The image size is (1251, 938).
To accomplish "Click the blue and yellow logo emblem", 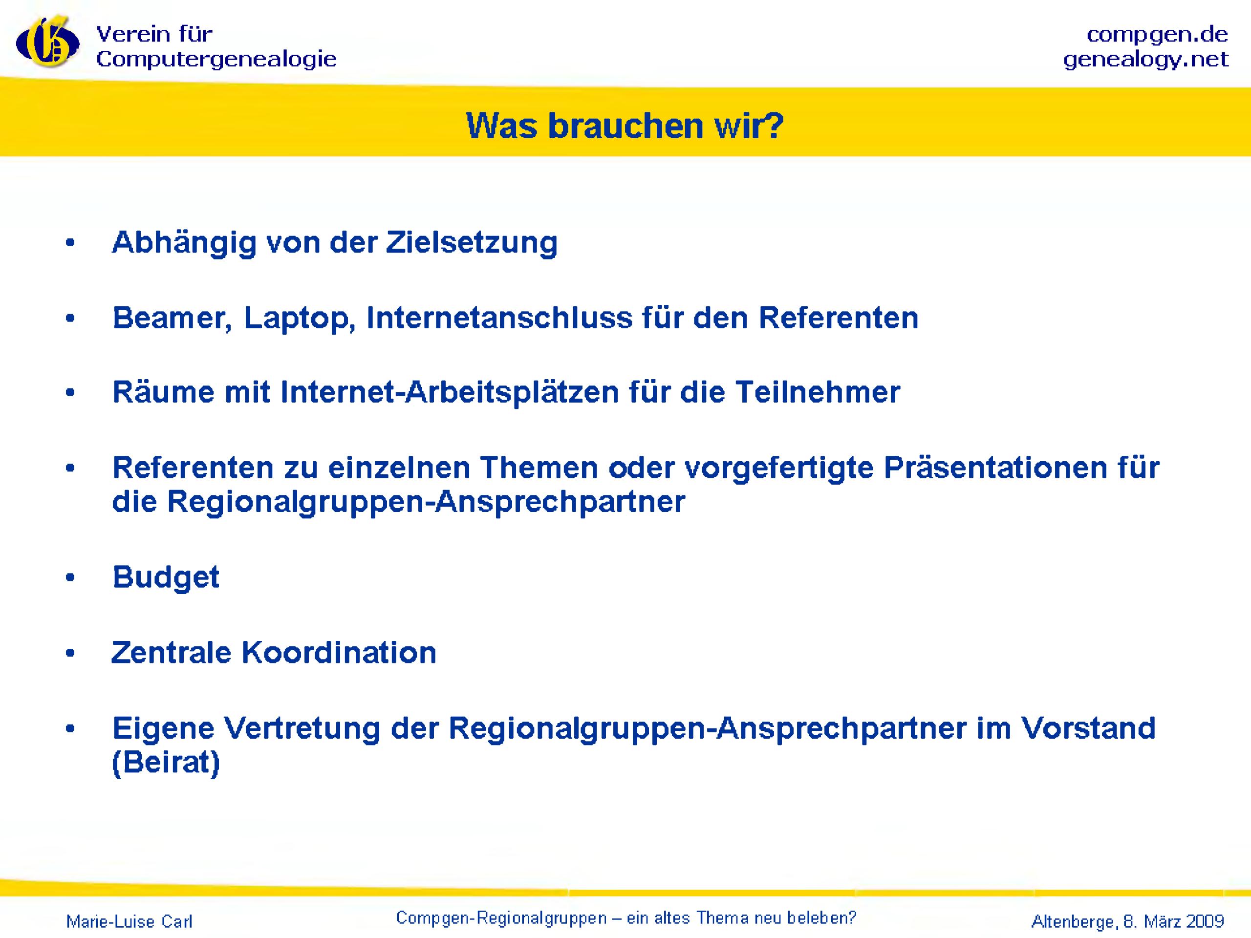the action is pos(47,43).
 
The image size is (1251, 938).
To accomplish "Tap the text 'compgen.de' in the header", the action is pos(1157,35).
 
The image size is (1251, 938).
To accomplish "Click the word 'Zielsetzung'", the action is pos(472,243).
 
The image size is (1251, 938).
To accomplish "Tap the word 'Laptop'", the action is pos(299,319).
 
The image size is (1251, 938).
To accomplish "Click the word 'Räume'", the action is pos(163,392).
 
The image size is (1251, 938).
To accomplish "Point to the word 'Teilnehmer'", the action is pos(818,392).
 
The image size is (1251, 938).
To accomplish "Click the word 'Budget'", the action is pos(166,577).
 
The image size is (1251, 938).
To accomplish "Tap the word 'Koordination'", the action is pos(339,653).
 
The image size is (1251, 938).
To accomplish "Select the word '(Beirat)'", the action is pos(166,762).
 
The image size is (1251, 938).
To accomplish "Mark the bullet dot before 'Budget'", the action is pos(70,578).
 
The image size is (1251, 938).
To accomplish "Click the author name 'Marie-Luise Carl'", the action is pos(129,921).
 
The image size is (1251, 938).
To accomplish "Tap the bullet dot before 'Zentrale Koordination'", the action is pos(70,654).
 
